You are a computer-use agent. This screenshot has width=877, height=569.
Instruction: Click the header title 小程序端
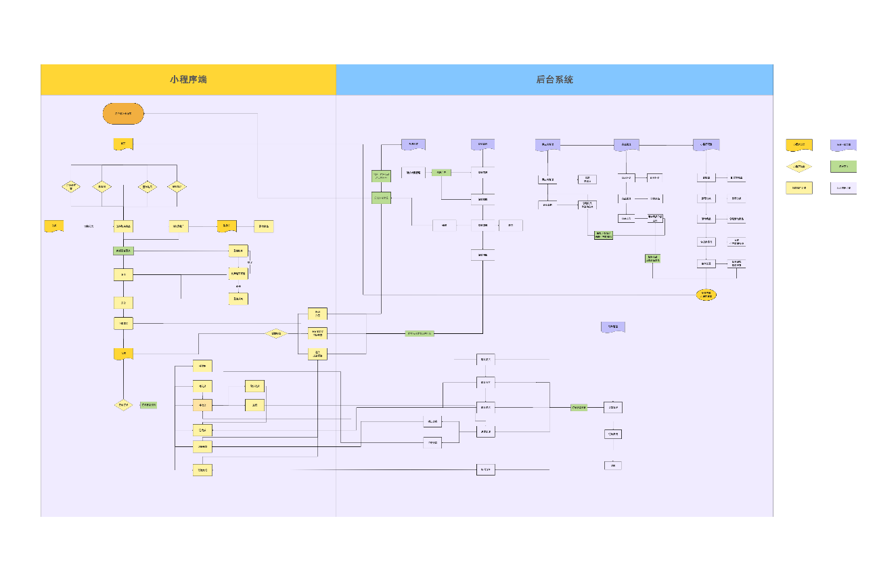pos(188,79)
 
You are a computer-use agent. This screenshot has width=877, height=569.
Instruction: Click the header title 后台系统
pos(554,79)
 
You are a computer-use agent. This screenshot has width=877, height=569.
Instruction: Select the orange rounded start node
pos(123,114)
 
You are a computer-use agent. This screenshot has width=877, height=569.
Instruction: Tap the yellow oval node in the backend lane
pos(706,295)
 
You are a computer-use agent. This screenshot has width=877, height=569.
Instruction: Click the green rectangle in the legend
pos(843,167)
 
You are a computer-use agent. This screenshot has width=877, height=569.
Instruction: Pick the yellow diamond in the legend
pos(799,167)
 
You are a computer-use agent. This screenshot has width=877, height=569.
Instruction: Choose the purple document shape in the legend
pos(843,145)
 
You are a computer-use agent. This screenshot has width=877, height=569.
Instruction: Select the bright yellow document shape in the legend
pos(799,145)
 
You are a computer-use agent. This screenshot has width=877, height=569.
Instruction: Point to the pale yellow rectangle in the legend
pos(799,188)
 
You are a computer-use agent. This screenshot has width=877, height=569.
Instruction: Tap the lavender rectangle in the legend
pos(843,188)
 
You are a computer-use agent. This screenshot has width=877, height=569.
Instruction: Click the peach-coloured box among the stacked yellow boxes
pos(202,405)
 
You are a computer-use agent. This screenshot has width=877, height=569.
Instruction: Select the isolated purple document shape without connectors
pos(613,327)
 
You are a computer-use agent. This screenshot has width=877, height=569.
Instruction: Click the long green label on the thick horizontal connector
pos(420,333)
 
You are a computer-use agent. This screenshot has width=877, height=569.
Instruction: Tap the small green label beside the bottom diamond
pos(148,405)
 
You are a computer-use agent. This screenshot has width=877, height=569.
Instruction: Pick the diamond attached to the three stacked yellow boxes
pos(276,333)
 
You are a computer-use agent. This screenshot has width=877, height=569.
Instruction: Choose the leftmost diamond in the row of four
pos(70,186)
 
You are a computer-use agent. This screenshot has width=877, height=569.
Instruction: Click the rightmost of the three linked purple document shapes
pos(706,144)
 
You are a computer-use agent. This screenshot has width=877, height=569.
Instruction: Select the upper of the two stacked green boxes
pos(381,176)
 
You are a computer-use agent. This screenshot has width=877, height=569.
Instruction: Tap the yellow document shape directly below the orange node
pos(123,144)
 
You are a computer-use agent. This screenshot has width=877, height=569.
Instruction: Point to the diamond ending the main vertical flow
pos(123,405)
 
